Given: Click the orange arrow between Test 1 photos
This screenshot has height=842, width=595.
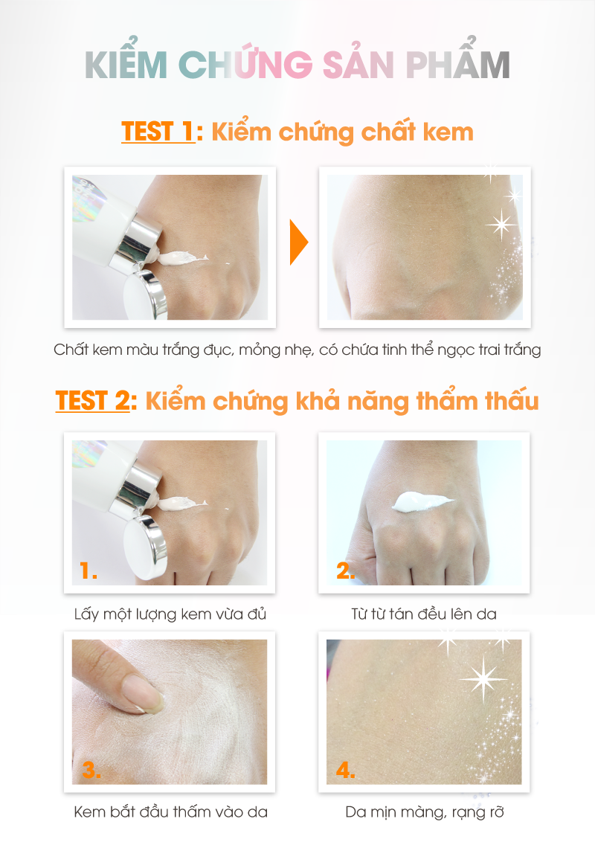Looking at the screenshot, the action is tap(298, 242).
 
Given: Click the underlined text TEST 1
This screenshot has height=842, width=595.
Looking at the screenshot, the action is tap(158, 132).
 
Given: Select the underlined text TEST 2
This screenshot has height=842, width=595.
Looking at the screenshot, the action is tap(92, 401).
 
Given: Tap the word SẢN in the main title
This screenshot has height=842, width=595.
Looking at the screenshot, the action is tap(358, 65).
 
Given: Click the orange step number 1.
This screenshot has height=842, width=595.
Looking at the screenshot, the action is tap(88, 571).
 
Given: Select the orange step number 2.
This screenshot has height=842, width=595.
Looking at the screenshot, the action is tap(345, 571).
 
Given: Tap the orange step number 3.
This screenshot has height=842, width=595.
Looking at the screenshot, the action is tap(91, 770).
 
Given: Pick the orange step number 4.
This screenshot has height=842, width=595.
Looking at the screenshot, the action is tap(345, 770).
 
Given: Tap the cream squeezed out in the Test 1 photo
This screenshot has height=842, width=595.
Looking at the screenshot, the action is tap(181, 259).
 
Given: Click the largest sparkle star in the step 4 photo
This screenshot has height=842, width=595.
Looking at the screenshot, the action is tap(483, 679).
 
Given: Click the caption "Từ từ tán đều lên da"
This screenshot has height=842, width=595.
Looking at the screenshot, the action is tap(424, 614).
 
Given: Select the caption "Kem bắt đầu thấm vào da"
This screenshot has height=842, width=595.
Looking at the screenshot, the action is tap(171, 812).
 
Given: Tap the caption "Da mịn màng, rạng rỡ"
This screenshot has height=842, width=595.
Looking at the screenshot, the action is tap(424, 812).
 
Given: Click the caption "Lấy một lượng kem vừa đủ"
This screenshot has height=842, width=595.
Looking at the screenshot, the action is tap(170, 614).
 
